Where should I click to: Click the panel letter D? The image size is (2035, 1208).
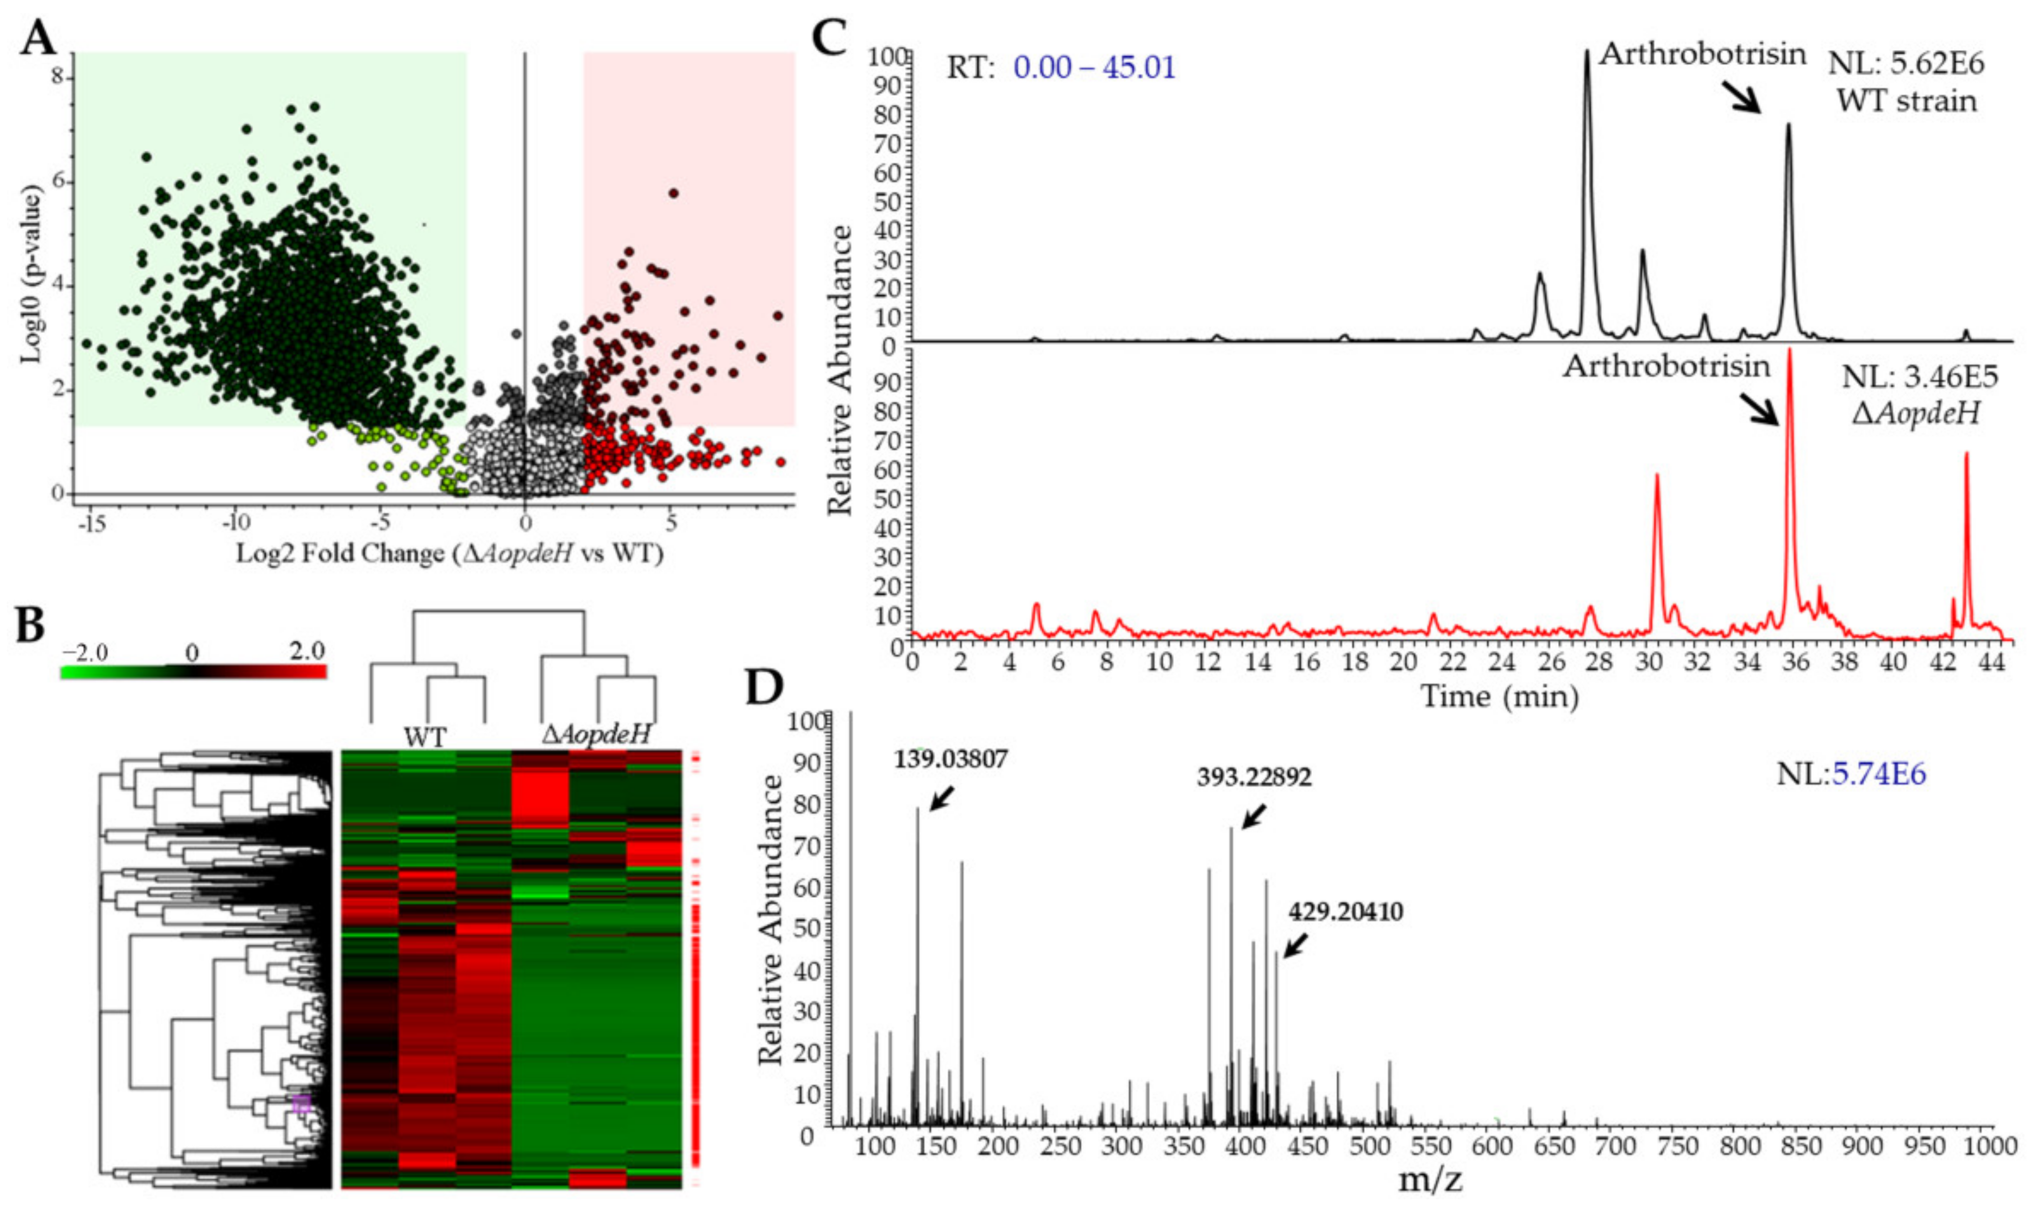[765, 688]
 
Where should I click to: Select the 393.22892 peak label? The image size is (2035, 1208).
[1254, 777]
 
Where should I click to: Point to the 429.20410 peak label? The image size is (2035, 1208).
[1345, 911]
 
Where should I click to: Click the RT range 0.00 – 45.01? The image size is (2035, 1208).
[1094, 68]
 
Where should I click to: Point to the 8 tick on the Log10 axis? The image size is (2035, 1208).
[57, 78]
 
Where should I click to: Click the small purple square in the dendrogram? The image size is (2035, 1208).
[302, 1104]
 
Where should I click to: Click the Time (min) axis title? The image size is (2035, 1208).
[1499, 697]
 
